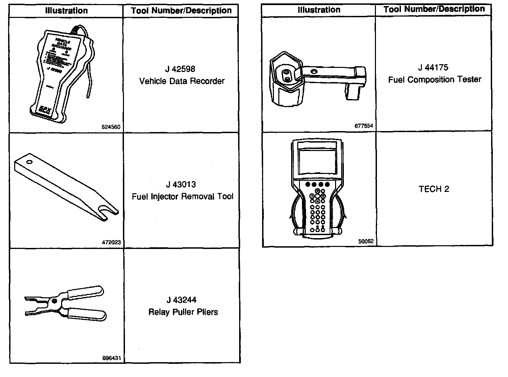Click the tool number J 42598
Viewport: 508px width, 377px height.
pyautogui.click(x=180, y=69)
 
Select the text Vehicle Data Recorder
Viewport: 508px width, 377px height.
pyautogui.click(x=182, y=81)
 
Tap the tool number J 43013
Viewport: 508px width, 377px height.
pyautogui.click(x=181, y=184)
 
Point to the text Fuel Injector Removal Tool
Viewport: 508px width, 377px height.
pyautogui.click(x=182, y=197)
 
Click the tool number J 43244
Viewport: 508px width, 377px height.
pyautogui.click(x=181, y=300)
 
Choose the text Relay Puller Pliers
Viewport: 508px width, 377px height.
pyautogui.click(x=183, y=312)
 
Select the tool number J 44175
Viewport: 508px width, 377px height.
pyautogui.click(x=433, y=68)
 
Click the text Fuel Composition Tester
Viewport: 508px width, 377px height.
pyautogui.click(x=434, y=80)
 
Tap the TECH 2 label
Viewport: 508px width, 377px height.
pyautogui.click(x=434, y=189)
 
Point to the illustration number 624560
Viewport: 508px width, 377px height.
pyautogui.click(x=111, y=127)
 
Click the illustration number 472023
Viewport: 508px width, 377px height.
pyautogui.click(x=111, y=242)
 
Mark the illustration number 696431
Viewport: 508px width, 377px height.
pyautogui.click(x=111, y=358)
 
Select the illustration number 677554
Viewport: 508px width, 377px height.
pyautogui.click(x=364, y=126)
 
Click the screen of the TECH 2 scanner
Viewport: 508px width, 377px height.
pyautogui.click(x=317, y=161)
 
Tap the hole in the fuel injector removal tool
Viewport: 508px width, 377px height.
pyautogui.click(x=29, y=162)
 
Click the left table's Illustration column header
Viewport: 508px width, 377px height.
pyautogui.click(x=67, y=11)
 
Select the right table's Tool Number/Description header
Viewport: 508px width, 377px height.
pyautogui.click(x=434, y=9)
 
